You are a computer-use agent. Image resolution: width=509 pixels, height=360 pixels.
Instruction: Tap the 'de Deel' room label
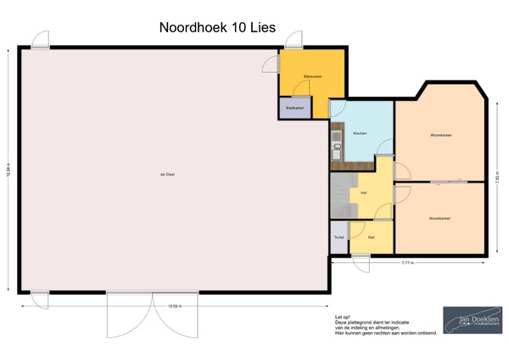(x=155, y=175)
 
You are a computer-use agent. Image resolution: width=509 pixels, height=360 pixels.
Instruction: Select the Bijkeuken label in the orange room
(x=313, y=77)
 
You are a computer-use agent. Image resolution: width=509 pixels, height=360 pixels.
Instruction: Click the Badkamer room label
(x=294, y=108)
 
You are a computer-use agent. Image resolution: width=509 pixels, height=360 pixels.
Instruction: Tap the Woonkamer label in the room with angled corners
(x=439, y=135)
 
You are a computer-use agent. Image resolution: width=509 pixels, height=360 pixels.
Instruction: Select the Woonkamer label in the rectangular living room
(x=439, y=218)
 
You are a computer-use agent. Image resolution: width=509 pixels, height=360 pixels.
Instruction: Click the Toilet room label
(x=338, y=237)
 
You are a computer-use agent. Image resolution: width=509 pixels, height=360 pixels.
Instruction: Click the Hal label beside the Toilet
(x=371, y=237)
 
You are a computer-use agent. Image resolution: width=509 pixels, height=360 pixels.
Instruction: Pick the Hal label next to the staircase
(x=363, y=193)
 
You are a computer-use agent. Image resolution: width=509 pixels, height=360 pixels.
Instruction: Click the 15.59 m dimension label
(x=173, y=306)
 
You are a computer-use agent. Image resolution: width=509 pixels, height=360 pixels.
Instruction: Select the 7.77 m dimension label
(x=408, y=263)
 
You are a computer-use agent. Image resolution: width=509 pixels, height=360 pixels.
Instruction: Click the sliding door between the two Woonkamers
(x=447, y=181)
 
